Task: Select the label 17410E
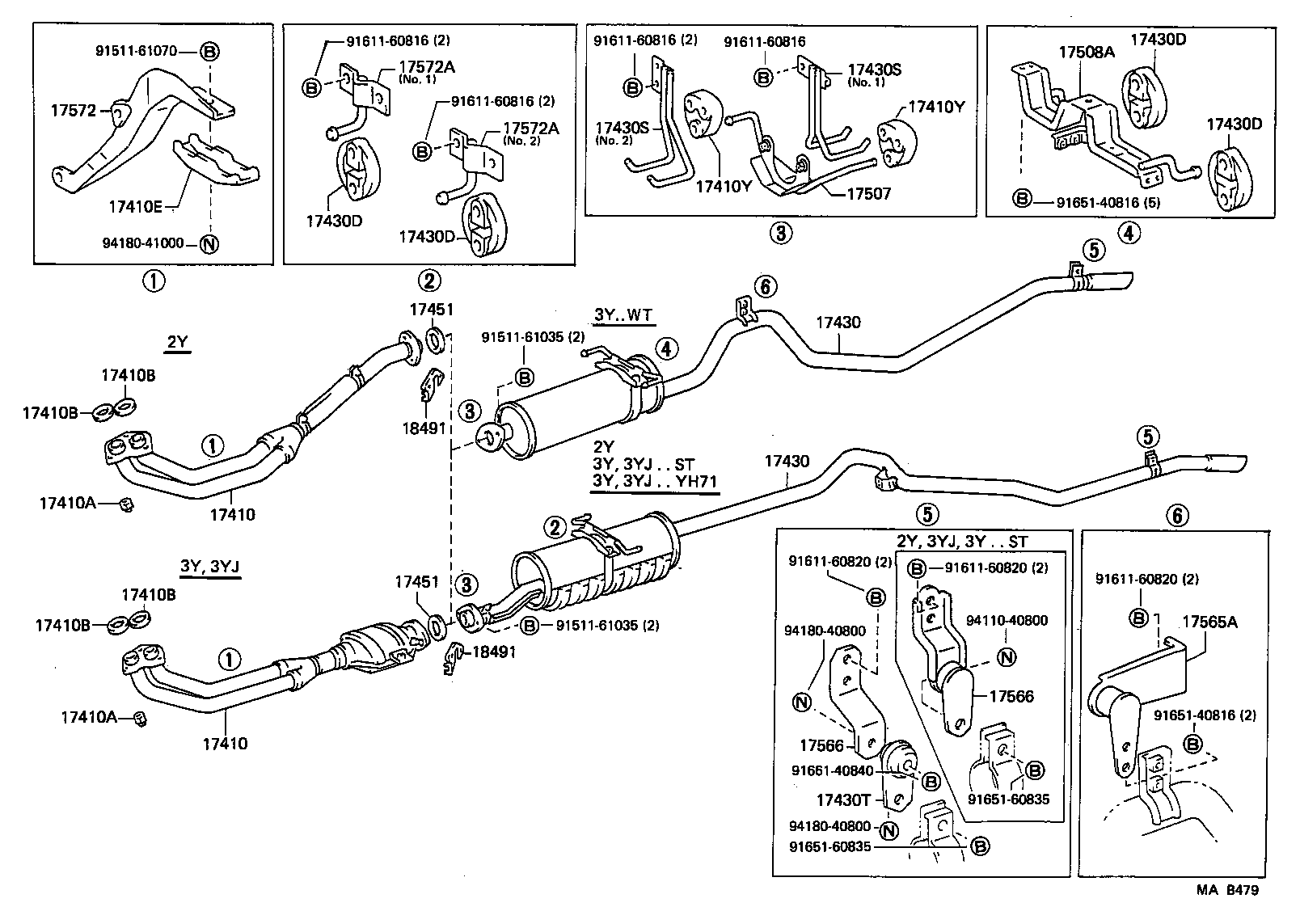[x=134, y=207]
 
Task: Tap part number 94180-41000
[x=143, y=243]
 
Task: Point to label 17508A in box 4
[x=1087, y=53]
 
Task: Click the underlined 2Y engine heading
[x=177, y=342]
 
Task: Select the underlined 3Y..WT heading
[x=623, y=316]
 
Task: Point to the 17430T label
[x=843, y=800]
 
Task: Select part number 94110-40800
[x=1007, y=621]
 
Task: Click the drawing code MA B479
[x=1227, y=891]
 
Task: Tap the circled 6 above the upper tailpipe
[x=766, y=285]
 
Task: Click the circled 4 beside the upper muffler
[x=665, y=349]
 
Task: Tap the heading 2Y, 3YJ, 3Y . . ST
[x=962, y=542]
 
